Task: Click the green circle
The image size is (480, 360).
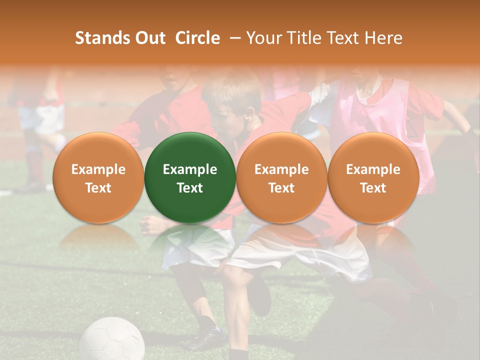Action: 190,177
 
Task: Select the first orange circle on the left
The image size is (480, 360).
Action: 98,177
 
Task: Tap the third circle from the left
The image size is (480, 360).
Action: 281,177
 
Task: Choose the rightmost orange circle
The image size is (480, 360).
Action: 373,177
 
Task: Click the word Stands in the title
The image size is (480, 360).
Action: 102,38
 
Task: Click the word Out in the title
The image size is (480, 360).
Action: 150,38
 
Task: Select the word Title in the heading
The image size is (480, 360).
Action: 314,38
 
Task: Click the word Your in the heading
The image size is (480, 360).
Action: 265,38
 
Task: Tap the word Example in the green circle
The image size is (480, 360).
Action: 190,169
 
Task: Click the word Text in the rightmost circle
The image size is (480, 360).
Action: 373,188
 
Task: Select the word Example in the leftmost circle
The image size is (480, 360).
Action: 98,169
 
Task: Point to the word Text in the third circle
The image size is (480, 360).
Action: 281,188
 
